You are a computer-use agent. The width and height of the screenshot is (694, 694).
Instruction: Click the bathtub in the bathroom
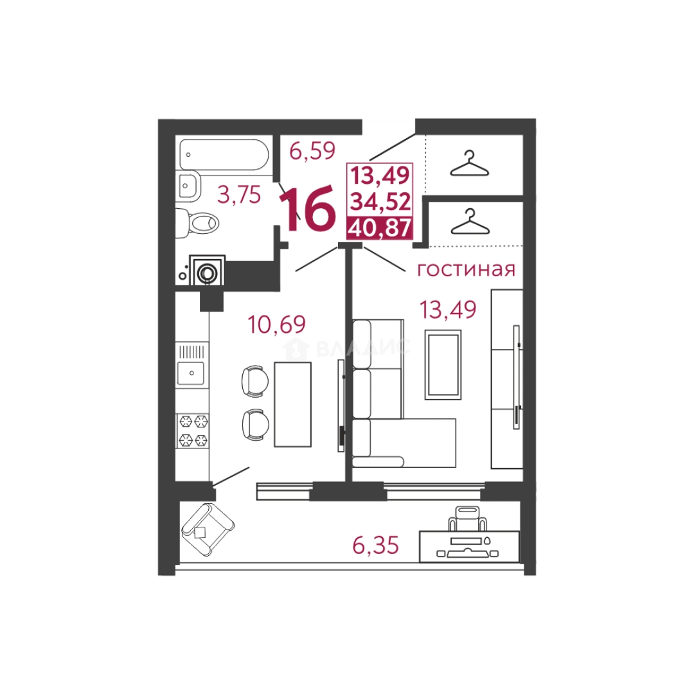point(224,154)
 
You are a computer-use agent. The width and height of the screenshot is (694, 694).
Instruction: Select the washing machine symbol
point(207,270)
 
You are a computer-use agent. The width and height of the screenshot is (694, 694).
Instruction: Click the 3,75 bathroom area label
point(239,195)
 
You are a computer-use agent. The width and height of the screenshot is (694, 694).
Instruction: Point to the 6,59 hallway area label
point(312,151)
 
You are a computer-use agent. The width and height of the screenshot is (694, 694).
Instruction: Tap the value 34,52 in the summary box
point(380,202)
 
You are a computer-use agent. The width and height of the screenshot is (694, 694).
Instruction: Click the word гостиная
point(467,269)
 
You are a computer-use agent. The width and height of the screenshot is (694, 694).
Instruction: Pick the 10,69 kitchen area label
point(276,325)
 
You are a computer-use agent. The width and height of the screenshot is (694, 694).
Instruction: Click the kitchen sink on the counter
point(191,373)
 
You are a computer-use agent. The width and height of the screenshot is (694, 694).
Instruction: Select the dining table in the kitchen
point(292,404)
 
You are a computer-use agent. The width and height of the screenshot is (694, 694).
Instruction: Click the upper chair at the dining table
point(255,380)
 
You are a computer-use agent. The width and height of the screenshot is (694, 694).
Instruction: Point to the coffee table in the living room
point(443,365)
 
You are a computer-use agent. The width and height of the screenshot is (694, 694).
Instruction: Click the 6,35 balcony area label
point(375,545)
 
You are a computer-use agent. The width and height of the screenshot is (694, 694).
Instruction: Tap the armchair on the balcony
point(208,529)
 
